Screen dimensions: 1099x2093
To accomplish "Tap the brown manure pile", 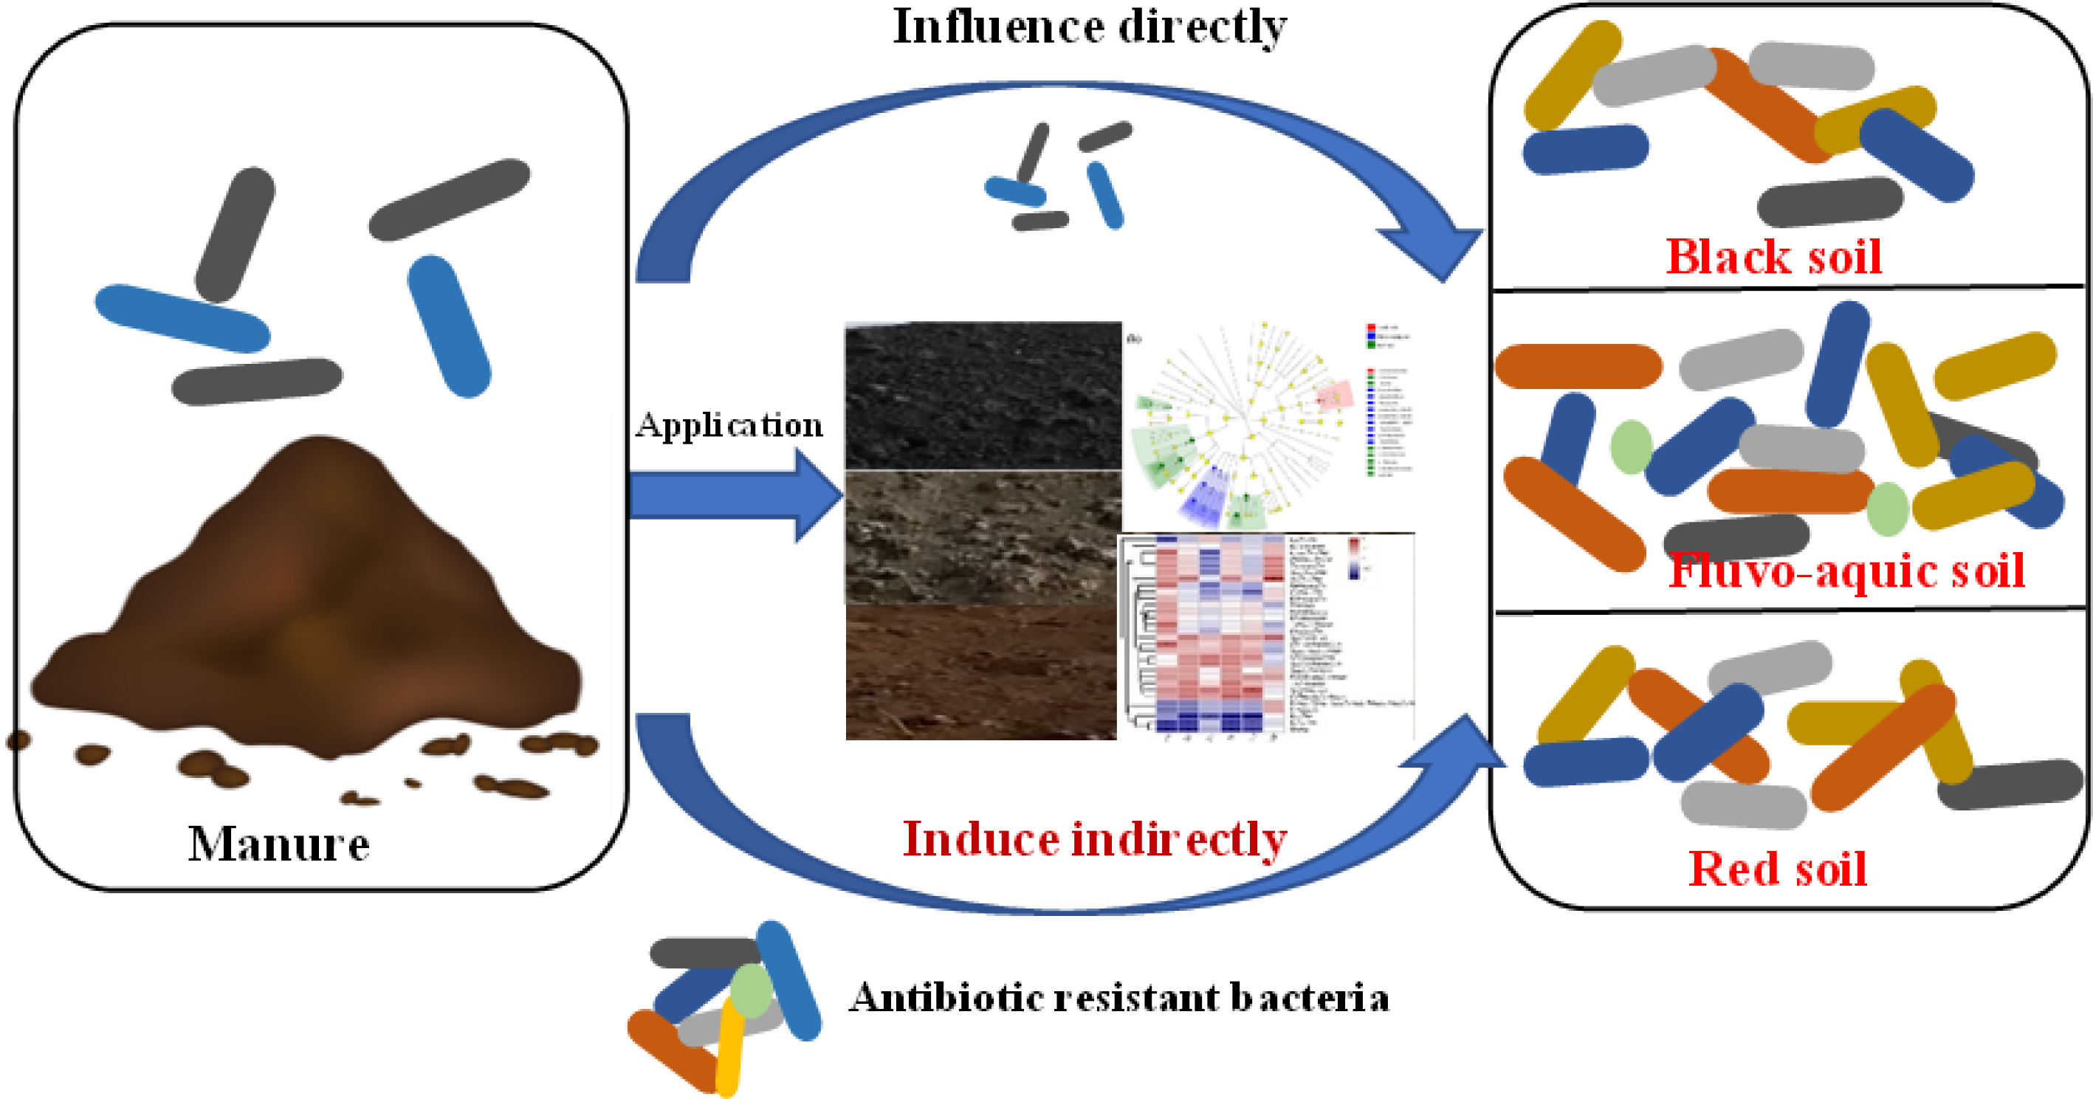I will pyautogui.click(x=309, y=609).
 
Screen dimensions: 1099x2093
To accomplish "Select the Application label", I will pyautogui.click(x=729, y=425).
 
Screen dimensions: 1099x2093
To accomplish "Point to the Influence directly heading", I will pyautogui.click(x=1090, y=27).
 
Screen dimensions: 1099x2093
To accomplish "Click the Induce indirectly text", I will pyautogui.click(x=1094, y=839).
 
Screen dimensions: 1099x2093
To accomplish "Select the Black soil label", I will pyautogui.click(x=1773, y=257).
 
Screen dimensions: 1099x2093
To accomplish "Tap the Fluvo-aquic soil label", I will pyautogui.click(x=1846, y=571).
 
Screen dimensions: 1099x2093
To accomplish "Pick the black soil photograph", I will pyautogui.click(x=983, y=396).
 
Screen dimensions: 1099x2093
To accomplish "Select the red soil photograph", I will pyautogui.click(x=981, y=672).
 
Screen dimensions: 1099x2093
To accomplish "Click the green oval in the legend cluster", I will pyautogui.click(x=752, y=991).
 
